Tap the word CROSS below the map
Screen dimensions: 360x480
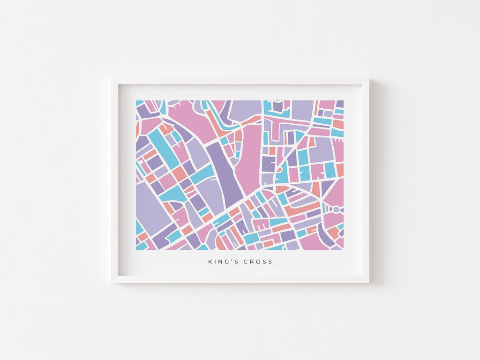[258, 262]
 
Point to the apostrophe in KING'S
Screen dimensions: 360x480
[230, 261]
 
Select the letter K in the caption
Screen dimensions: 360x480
[210, 262]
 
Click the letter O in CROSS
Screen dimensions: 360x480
[258, 262]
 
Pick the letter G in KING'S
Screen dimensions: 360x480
[225, 262]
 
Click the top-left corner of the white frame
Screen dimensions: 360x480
[112, 79]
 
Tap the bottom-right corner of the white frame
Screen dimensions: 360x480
[368, 282]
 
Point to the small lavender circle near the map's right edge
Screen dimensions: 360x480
[336, 209]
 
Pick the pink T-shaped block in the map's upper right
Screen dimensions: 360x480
[281, 126]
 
